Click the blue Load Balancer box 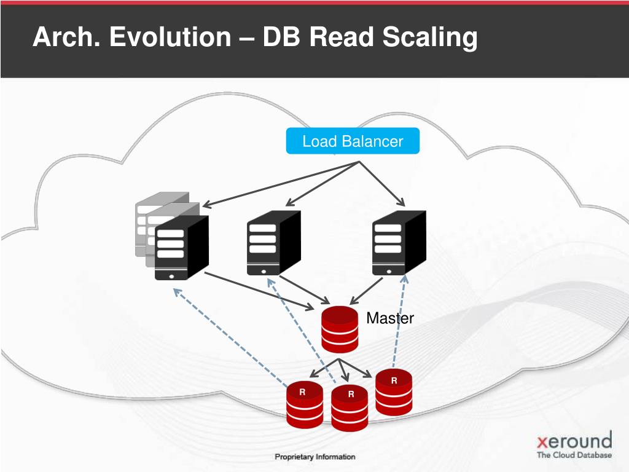[x=353, y=141]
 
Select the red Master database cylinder [x=340, y=329]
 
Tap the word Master [x=390, y=318]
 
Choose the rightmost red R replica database [x=394, y=393]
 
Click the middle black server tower [x=273, y=243]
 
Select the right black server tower [x=399, y=243]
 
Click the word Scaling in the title [x=430, y=37]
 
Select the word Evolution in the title [x=169, y=37]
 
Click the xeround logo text [x=574, y=441]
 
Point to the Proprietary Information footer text [x=314, y=457]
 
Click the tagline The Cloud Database [x=574, y=455]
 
